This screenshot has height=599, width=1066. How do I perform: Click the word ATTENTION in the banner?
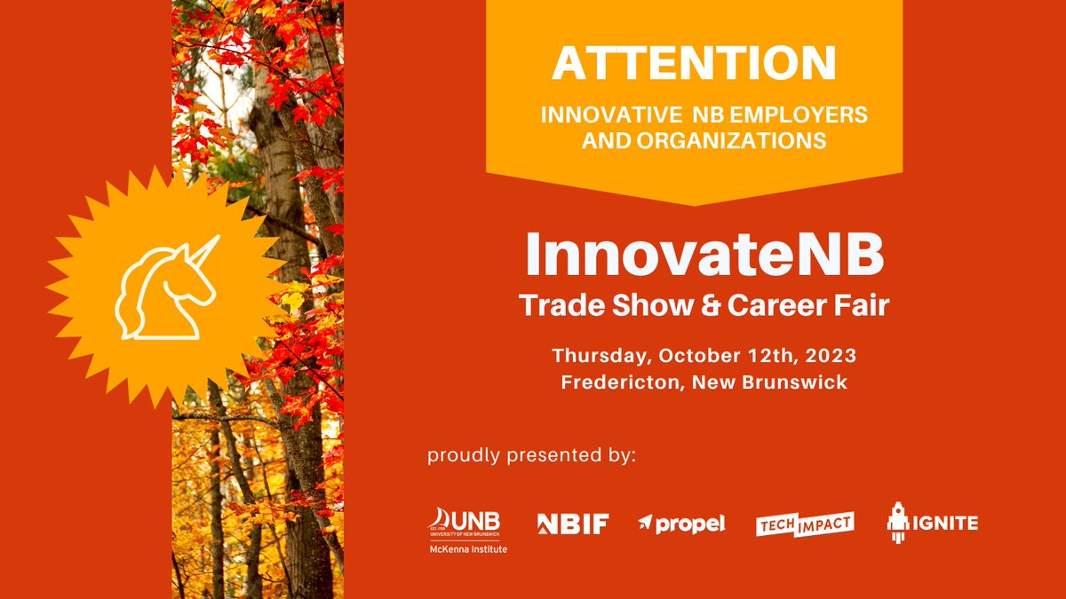[694, 63]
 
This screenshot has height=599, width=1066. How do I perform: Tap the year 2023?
[827, 356]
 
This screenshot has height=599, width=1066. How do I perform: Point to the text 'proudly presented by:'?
[532, 456]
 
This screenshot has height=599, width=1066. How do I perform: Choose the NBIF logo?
[573, 524]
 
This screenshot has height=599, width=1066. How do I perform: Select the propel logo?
[681, 524]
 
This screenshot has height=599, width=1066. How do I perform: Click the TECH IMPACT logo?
[805, 524]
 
